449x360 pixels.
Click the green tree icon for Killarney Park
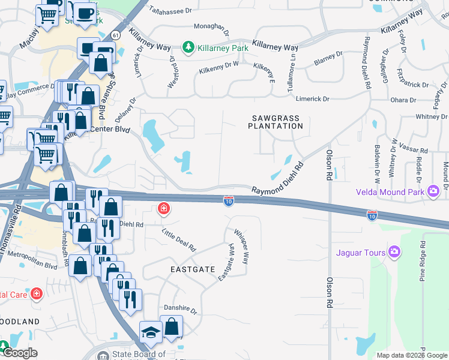click(x=187, y=47)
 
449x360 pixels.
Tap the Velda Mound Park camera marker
click(x=433, y=191)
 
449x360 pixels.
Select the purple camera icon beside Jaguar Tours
click(x=394, y=252)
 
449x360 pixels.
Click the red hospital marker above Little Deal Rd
click(x=163, y=209)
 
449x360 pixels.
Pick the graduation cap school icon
click(x=150, y=332)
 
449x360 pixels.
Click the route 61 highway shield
click(x=115, y=36)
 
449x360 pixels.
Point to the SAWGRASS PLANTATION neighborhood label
click(x=276, y=122)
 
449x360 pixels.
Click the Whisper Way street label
click(x=241, y=246)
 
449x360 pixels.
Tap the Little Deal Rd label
click(x=179, y=239)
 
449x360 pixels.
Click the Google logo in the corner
click(x=20, y=353)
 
